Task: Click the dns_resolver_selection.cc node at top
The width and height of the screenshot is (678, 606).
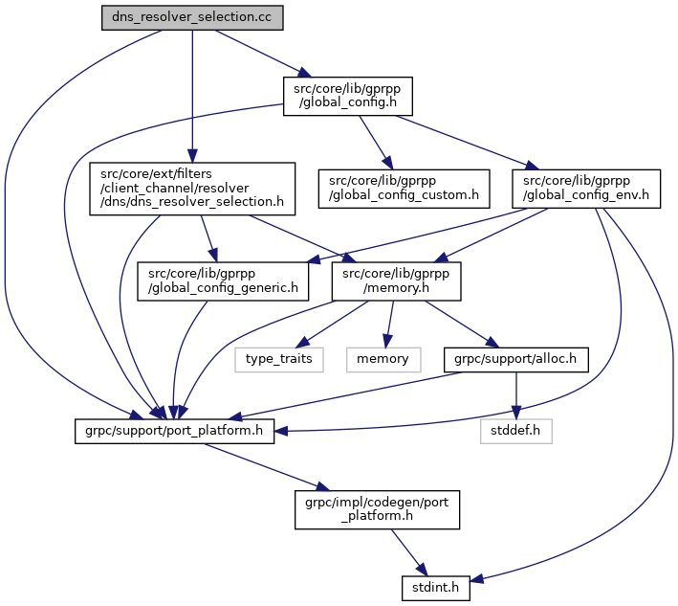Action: [x=192, y=19]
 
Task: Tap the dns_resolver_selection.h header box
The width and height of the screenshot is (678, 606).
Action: [x=191, y=189]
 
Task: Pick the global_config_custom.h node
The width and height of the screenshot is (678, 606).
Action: [x=404, y=189]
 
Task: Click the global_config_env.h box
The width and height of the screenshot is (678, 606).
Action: [x=581, y=189]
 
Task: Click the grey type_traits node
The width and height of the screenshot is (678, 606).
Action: [x=279, y=359]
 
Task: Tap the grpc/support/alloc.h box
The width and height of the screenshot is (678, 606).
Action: [x=514, y=359]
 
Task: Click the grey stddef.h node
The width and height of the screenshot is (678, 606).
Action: [x=516, y=431]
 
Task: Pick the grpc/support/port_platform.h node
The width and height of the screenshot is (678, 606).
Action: [x=173, y=431]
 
